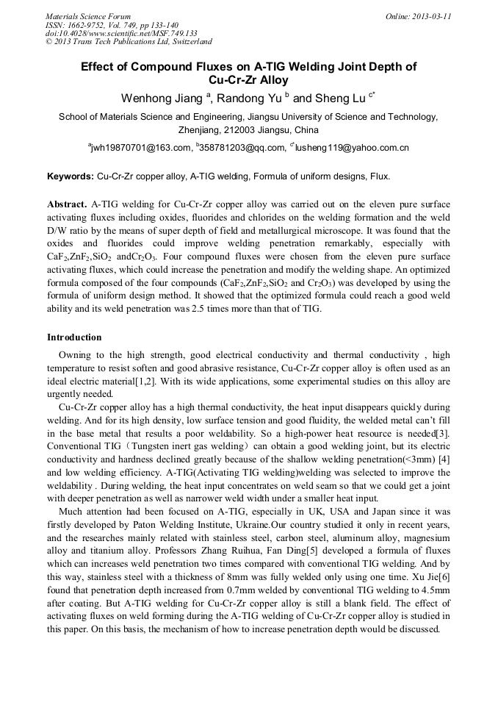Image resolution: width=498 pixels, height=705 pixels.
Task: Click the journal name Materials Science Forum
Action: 88,16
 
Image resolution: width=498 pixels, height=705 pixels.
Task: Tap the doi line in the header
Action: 121,33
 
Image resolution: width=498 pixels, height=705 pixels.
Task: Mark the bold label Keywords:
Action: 71,176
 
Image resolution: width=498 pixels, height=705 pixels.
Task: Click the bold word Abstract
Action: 67,203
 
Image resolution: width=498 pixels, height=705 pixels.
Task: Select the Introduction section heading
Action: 74,337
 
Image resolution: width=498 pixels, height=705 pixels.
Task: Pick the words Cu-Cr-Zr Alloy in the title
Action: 248,80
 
